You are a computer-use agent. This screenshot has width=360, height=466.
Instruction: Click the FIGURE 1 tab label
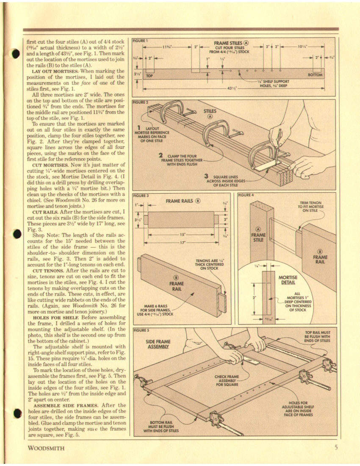pos(140,41)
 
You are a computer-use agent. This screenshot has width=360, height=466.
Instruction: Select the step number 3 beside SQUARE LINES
pos(205,176)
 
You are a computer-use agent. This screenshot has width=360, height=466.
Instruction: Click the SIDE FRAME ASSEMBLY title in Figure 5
pos(158,344)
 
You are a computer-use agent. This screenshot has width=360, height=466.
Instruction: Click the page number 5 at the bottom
pos(335,447)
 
